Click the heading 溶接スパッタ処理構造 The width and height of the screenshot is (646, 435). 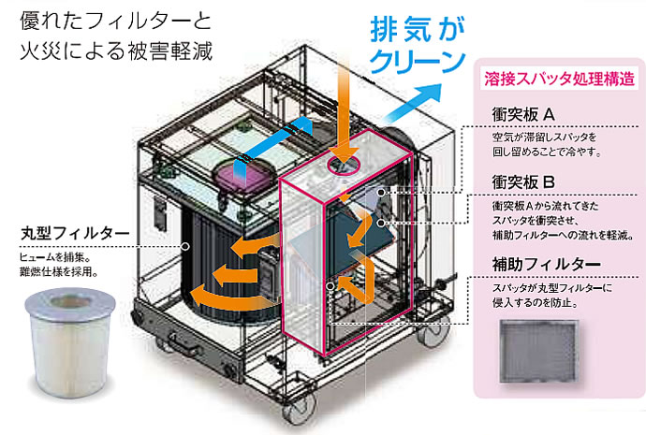pyautogui.click(x=551, y=81)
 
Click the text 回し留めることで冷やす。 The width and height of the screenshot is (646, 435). pyautogui.click(x=547, y=152)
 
